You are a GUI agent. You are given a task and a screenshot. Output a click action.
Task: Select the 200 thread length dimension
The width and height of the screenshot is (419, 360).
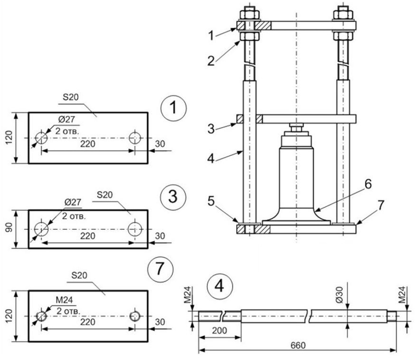220,330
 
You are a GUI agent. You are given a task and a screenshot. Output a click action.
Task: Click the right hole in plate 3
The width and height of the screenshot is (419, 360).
135,229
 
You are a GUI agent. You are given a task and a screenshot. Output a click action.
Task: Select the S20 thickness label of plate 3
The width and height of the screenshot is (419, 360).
105,195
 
